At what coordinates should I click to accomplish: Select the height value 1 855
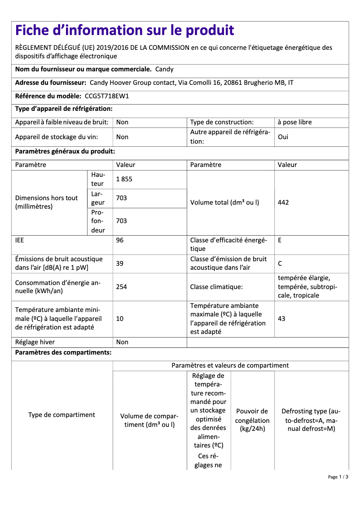point(124,179)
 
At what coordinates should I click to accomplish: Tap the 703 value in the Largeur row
point(121,198)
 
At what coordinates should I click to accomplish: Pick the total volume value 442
point(283,202)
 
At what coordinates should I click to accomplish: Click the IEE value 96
point(120,240)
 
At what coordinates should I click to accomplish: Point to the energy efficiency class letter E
point(280,240)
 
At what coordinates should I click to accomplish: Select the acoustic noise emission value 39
point(120,263)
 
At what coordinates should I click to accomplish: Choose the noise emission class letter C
point(280,263)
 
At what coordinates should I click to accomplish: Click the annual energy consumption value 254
point(121,287)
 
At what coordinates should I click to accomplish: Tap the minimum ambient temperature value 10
point(120,319)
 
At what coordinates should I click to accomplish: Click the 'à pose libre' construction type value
point(294,122)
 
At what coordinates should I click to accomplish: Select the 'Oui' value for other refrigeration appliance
point(283,137)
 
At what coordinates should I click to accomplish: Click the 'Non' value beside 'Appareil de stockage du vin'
point(122,137)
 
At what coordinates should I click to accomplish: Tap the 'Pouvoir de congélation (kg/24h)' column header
point(252,420)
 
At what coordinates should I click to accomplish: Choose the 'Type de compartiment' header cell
point(61,415)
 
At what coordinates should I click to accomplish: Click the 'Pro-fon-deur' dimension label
point(97,221)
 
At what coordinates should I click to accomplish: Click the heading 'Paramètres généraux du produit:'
point(65,152)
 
